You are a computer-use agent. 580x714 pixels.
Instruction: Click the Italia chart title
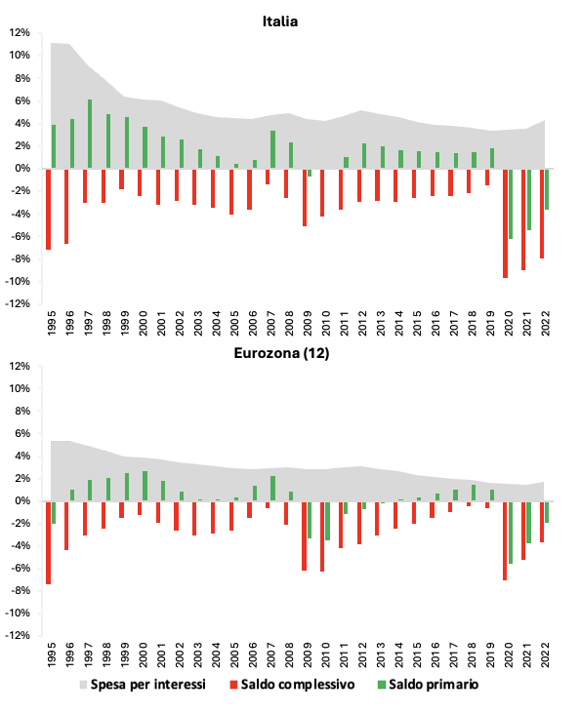click(280, 21)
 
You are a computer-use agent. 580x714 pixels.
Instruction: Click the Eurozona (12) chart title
click(281, 353)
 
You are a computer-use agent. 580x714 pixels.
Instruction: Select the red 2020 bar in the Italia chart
click(505, 223)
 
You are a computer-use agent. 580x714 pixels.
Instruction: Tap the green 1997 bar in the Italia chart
click(90, 134)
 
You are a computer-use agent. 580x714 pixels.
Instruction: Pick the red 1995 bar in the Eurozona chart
click(49, 542)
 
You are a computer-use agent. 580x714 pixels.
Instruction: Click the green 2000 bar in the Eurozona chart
click(145, 486)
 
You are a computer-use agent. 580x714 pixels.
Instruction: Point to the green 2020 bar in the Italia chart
click(511, 204)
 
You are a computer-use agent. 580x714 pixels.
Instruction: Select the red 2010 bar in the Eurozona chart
click(322, 535)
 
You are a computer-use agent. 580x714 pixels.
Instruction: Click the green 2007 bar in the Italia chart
click(272, 149)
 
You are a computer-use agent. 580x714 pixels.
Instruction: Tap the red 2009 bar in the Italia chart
click(304, 198)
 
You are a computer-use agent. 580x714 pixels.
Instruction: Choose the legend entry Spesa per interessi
click(143, 685)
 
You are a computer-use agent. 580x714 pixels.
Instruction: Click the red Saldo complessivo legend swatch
click(234, 685)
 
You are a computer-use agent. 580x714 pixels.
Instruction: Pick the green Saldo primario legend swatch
click(382, 685)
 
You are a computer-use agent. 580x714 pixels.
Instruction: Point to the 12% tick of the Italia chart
click(20, 33)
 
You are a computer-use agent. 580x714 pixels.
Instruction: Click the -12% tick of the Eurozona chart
click(18, 635)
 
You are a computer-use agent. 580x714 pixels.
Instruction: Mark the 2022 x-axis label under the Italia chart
click(546, 323)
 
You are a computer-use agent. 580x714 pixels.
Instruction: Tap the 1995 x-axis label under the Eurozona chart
click(52, 654)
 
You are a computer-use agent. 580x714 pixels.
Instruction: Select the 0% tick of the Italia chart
click(22, 169)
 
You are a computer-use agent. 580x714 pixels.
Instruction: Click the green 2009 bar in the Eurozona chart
click(310, 520)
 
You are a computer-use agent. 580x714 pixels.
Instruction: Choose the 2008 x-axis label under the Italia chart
click(290, 323)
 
